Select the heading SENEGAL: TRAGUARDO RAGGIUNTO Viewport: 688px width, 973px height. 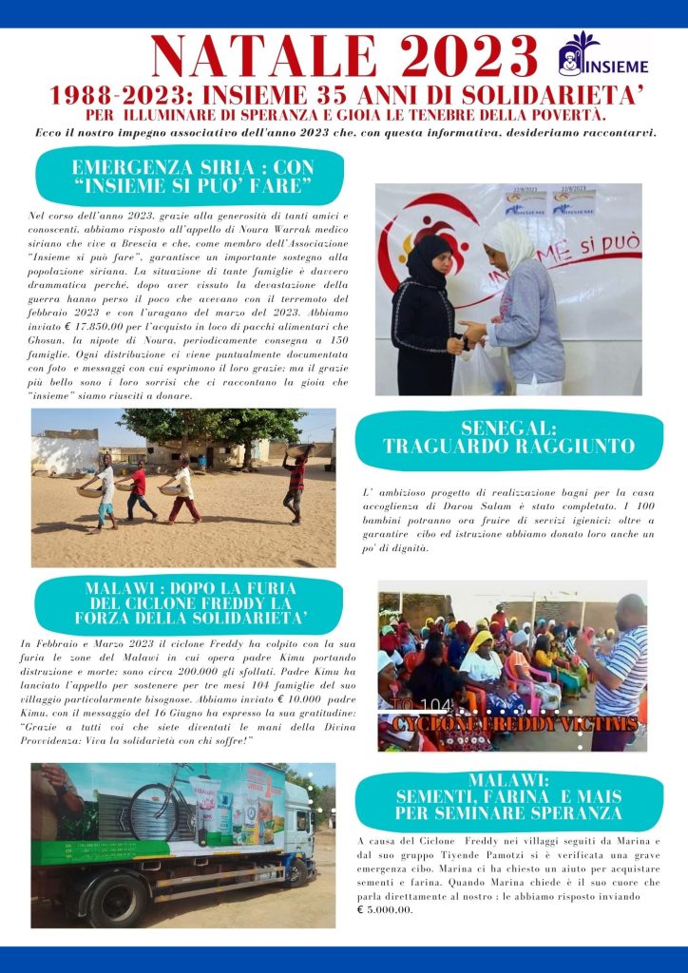(507, 438)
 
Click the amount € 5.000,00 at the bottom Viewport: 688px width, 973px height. (385, 909)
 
